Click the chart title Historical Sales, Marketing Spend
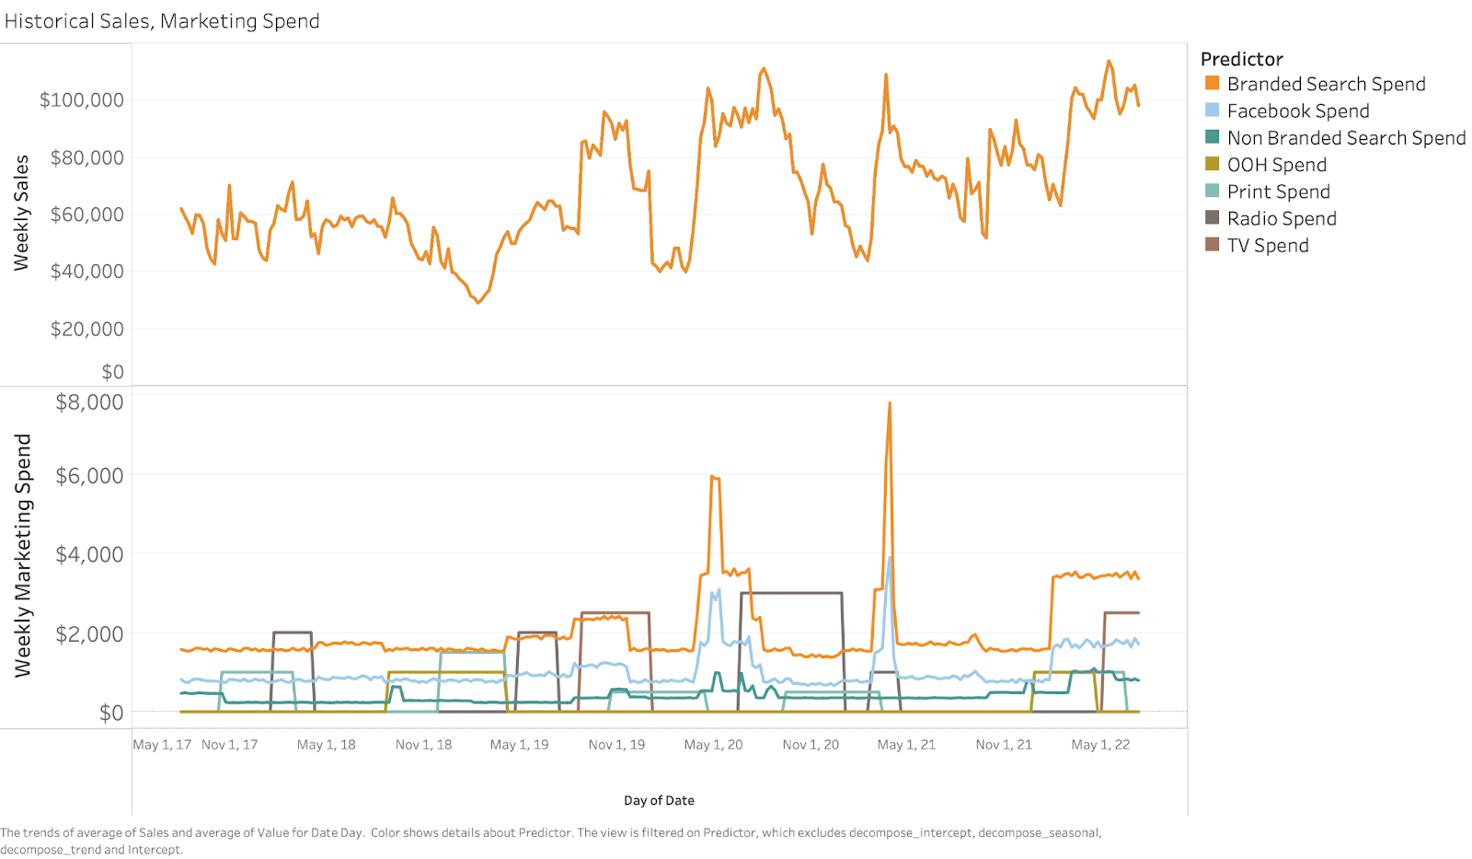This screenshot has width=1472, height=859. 162,21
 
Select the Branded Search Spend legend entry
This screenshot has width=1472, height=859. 1326,84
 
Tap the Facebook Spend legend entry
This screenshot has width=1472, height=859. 1297,110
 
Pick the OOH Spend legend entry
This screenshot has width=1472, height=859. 1276,165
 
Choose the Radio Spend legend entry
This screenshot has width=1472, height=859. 1281,218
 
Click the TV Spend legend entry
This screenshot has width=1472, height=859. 1267,245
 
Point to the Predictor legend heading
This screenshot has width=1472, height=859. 1241,59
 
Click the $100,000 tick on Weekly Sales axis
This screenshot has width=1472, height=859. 81,99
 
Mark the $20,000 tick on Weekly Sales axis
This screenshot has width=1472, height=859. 86,329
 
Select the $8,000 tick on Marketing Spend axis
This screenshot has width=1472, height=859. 89,402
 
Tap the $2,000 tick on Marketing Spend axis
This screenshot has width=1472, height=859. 89,633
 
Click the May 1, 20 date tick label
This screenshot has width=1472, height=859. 713,745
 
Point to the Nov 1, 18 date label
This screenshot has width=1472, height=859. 423,745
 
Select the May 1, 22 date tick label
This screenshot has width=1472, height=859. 1100,745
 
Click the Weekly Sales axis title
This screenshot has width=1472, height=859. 21,213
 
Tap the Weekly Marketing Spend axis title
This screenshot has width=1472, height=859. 22,555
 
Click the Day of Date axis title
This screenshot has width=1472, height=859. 659,800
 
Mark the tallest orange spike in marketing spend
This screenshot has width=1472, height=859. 890,403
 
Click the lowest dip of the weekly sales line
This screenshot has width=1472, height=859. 478,302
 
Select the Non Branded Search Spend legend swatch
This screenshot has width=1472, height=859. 1213,137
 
